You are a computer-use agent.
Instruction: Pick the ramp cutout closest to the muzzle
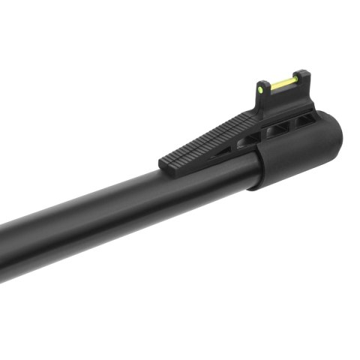[304, 119]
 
